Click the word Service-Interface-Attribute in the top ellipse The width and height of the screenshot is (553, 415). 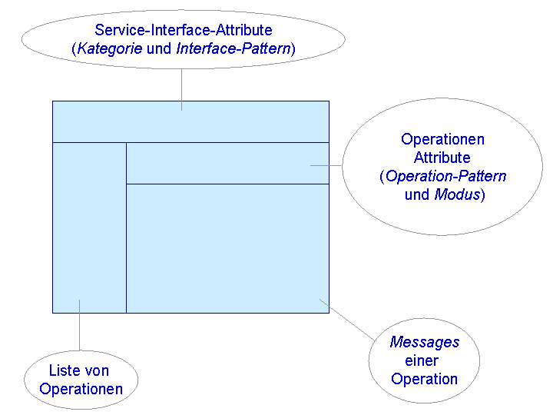(183, 31)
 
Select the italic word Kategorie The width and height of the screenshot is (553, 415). (110, 49)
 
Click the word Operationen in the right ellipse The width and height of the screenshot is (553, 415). (442, 140)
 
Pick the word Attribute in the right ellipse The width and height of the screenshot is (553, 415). (442, 158)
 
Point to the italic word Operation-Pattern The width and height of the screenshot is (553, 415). (445, 177)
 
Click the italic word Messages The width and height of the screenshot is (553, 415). (425, 343)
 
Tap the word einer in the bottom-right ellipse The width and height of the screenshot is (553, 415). (421, 361)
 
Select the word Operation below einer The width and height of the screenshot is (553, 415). (424, 379)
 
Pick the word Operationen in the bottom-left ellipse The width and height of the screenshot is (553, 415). (81, 389)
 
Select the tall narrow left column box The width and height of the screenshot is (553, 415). (89, 227)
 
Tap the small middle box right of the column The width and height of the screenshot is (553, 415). (227, 163)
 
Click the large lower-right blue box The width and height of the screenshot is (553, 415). (227, 247)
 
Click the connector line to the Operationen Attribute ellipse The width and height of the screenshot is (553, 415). (327, 165)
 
